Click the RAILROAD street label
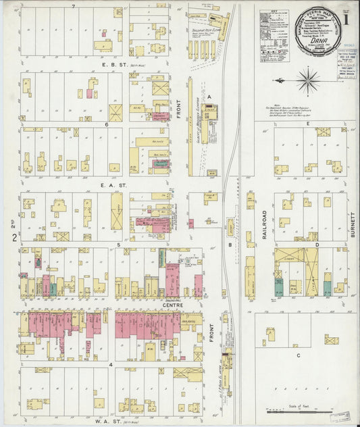pos(265,216)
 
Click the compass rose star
pos(308,78)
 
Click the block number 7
pos(72,6)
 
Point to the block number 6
pos(107,124)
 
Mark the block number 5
pos(119,244)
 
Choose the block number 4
pos(110,364)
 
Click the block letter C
pos(297,354)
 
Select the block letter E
pos(307,124)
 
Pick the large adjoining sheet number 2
pos(14,237)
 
